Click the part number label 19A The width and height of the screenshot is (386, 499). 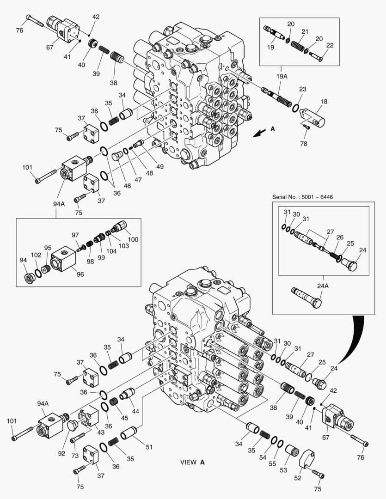[282, 76]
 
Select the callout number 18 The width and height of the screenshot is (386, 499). [324, 101]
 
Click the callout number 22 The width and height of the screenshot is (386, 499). [330, 45]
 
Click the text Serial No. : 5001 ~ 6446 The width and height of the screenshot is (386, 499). [302, 197]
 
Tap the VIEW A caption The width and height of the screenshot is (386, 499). [192, 462]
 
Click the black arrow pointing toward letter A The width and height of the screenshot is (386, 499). [259, 133]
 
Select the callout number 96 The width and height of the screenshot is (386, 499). [80, 274]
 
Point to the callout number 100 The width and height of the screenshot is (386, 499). [133, 240]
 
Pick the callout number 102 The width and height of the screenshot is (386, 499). [36, 255]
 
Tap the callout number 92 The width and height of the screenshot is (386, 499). [61, 453]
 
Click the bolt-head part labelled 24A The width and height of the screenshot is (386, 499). [306, 298]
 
